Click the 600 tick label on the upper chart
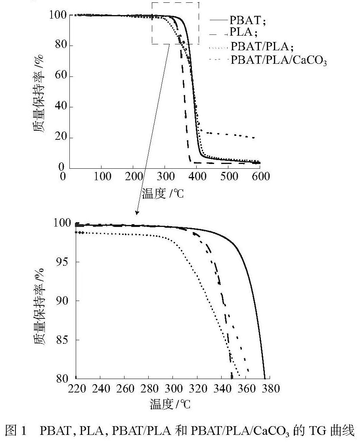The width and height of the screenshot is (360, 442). tap(260, 176)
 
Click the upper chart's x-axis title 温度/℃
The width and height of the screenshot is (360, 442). tap(163, 194)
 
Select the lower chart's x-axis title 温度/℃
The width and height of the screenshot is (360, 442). tap(170, 404)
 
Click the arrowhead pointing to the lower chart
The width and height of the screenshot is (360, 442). tap(137, 212)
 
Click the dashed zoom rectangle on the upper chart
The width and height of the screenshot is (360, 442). tap(175, 3)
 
